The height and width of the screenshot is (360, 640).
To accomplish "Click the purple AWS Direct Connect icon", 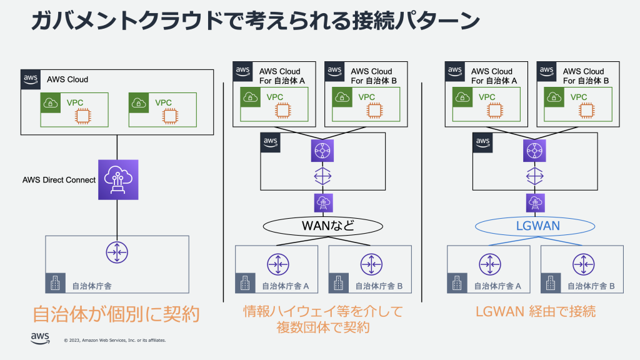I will [117, 179].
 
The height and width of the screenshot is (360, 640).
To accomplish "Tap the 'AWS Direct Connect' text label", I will [59, 180].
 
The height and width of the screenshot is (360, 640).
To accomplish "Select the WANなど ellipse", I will [323, 225].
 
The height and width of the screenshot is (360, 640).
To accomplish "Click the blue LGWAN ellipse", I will [535, 225].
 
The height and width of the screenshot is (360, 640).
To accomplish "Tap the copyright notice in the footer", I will [115, 341].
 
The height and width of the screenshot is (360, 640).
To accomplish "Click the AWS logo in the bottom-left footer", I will [40, 338].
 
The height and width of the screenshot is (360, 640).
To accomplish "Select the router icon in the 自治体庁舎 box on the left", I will [117, 252].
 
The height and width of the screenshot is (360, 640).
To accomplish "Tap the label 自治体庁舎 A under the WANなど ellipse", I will [285, 286].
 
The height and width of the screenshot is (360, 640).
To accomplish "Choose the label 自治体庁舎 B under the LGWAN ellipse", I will [591, 286].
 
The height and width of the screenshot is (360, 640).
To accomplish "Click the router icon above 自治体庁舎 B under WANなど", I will [370, 263].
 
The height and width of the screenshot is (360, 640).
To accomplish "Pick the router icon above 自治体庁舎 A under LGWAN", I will [489, 263].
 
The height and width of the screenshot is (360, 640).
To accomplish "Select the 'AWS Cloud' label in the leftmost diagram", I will [67, 79].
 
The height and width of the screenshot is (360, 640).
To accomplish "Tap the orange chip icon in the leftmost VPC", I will [81, 116].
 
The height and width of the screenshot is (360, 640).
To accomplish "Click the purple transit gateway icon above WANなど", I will [323, 150].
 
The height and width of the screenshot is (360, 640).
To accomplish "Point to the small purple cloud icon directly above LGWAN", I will [535, 202].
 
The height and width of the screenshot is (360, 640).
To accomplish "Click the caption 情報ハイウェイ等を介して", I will [323, 311].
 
